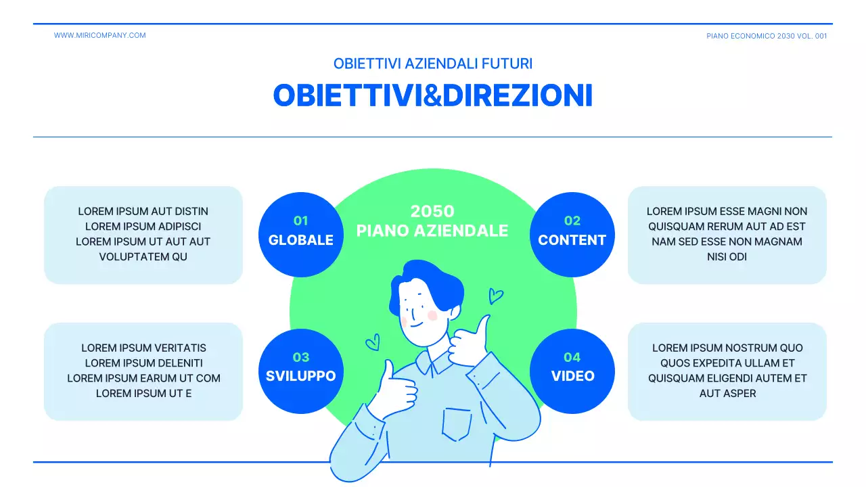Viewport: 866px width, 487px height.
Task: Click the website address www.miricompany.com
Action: point(99,35)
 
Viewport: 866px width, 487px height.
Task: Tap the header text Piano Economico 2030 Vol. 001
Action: point(767,36)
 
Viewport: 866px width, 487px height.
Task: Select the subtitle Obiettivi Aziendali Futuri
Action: point(433,64)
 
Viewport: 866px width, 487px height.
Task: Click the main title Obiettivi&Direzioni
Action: point(433,95)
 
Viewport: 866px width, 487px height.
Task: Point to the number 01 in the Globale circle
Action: point(300,221)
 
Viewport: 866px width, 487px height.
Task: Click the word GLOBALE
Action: point(300,240)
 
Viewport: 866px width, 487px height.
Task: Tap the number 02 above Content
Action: point(572,221)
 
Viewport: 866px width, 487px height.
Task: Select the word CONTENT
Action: point(572,240)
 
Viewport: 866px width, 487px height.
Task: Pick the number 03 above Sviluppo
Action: point(300,357)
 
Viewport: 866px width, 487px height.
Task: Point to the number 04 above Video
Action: point(572,357)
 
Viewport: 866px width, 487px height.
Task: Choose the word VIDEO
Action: point(572,376)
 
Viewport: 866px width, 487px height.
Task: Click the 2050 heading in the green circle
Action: point(432,211)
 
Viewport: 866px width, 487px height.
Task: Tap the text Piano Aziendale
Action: point(432,231)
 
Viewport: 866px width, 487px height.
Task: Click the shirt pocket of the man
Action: point(457,423)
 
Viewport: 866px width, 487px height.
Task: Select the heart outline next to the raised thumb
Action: point(496,296)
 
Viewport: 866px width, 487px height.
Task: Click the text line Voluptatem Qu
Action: point(143,257)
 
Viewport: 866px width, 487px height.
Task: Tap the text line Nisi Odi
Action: point(727,257)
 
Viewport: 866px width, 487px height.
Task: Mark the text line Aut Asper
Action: point(727,393)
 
